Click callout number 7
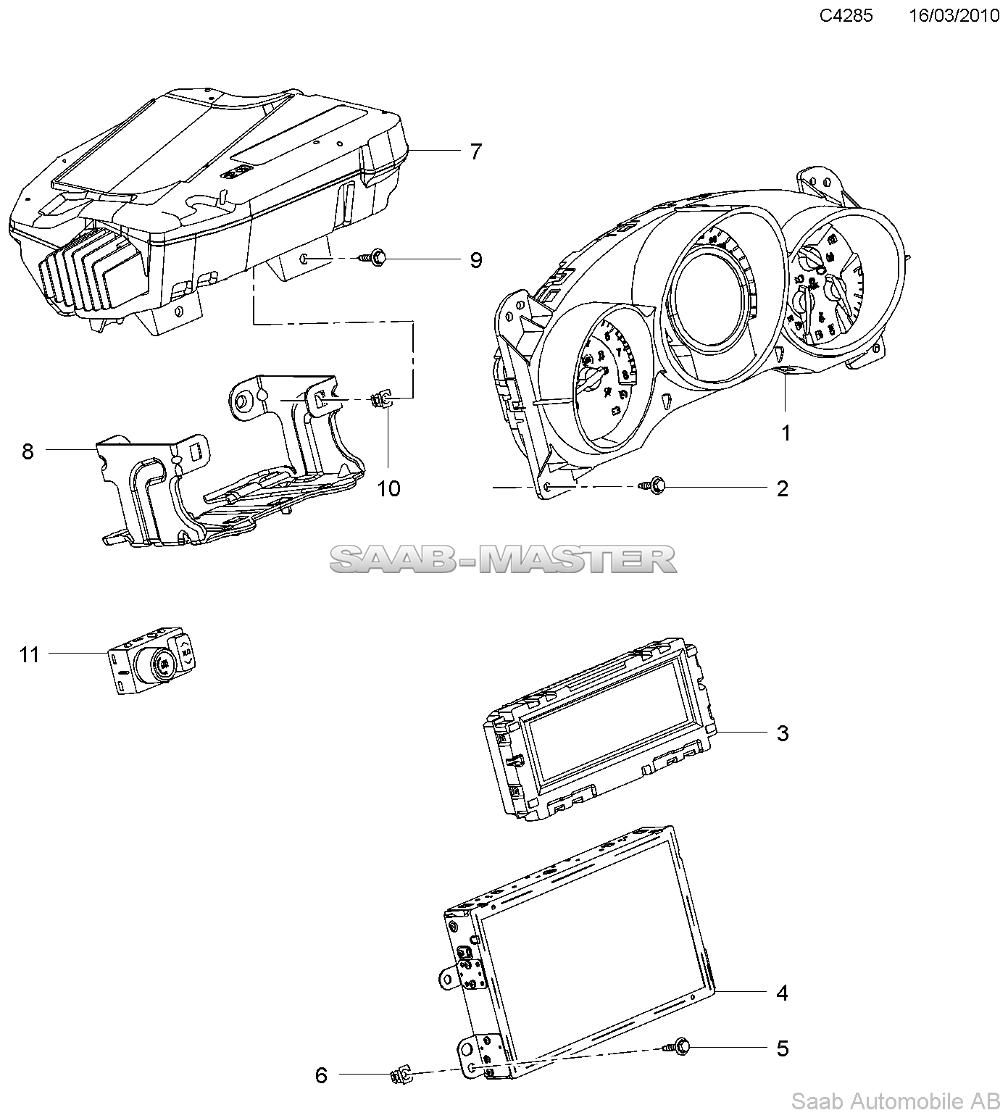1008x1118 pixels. [x=475, y=151]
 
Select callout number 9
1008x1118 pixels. [x=475, y=260]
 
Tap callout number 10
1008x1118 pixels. [x=388, y=488]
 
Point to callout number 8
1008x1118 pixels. [x=28, y=451]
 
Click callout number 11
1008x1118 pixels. [x=29, y=655]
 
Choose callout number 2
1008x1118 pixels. [x=782, y=488]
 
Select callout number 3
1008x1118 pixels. [x=782, y=733]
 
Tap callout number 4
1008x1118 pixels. [x=782, y=992]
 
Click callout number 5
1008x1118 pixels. [x=782, y=1048]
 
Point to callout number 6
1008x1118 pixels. [x=321, y=1075]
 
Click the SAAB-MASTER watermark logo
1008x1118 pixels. [x=504, y=559]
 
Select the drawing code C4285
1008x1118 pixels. [x=846, y=16]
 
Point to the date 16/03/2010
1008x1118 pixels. [x=954, y=16]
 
